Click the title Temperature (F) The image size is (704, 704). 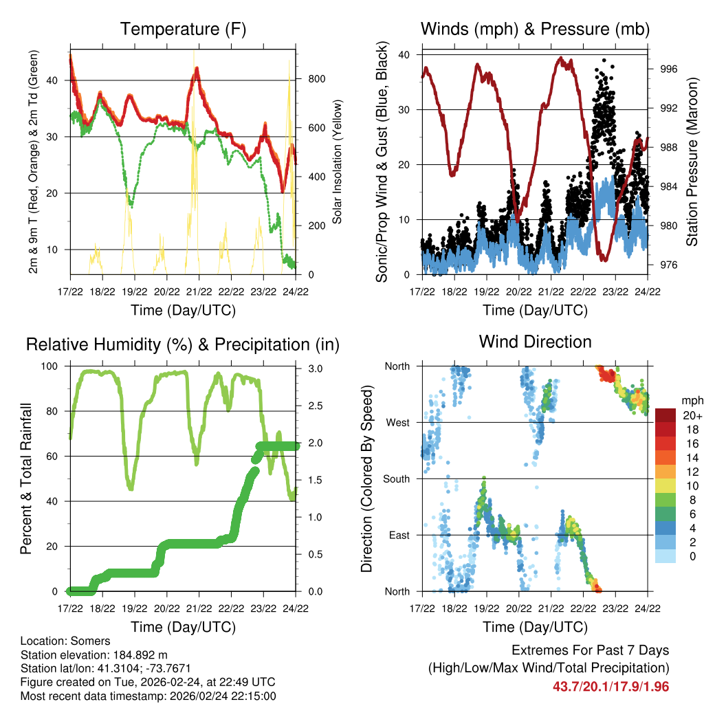coord(183,30)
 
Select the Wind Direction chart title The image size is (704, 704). coord(535,342)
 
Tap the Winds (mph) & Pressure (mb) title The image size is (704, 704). coord(535,30)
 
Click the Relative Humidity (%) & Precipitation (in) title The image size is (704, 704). coord(183,344)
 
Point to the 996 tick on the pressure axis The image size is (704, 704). coord(669,69)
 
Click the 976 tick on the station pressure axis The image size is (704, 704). coord(669,265)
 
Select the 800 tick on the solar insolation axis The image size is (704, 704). coord(316,79)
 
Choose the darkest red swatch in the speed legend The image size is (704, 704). coord(665,415)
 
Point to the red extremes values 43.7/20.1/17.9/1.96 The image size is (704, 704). coord(610,686)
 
